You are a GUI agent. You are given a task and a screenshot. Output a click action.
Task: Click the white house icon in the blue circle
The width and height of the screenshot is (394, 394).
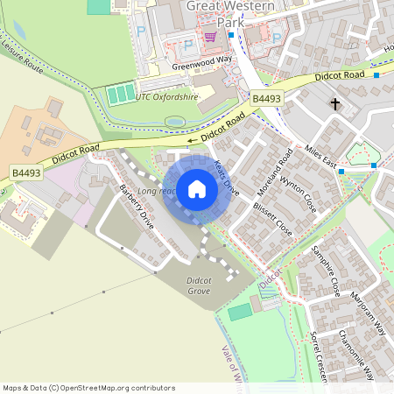click(197, 189)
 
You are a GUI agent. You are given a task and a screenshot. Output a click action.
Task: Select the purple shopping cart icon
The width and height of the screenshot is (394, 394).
click(210, 37)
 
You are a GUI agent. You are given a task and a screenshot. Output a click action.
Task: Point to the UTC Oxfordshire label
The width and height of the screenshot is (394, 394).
click(166, 96)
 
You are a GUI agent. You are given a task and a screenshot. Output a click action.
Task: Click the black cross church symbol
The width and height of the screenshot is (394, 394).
click(334, 105)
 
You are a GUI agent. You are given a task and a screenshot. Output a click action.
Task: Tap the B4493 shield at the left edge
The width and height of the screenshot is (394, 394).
click(26, 173)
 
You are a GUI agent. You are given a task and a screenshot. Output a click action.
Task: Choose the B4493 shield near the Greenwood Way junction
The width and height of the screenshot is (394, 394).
click(267, 99)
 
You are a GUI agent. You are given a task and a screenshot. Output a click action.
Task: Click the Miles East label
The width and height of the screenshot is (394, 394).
click(321, 158)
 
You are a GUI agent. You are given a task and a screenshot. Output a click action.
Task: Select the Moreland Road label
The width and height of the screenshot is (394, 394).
click(285, 172)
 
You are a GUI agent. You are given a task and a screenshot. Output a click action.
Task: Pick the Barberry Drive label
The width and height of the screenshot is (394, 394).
click(138, 208)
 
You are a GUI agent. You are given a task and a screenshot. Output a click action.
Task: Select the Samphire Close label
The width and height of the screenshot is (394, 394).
click(324, 272)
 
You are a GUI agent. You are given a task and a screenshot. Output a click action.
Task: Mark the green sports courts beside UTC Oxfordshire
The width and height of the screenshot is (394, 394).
click(121, 92)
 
